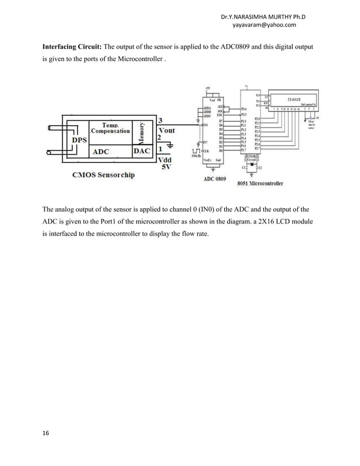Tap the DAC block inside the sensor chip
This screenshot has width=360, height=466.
click(142, 151)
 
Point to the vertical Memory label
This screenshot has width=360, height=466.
click(144, 132)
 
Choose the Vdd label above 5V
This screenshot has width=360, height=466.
click(166, 160)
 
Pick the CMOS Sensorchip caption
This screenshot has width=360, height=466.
click(103, 175)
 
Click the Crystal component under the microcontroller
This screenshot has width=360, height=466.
click(249, 158)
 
